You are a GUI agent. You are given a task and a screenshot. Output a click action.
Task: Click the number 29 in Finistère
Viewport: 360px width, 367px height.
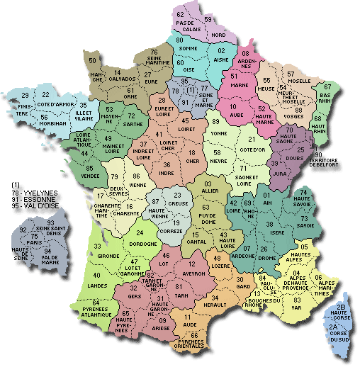click(25, 96)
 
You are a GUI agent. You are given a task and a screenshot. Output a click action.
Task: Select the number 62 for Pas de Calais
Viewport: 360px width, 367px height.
click(181, 14)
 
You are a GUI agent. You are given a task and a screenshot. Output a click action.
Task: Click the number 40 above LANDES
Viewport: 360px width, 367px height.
click(96, 275)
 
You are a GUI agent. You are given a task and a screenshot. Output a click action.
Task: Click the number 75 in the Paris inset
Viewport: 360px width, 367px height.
click(33, 235)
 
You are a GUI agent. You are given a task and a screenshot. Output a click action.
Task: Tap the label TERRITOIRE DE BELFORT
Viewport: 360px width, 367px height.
click(337, 164)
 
